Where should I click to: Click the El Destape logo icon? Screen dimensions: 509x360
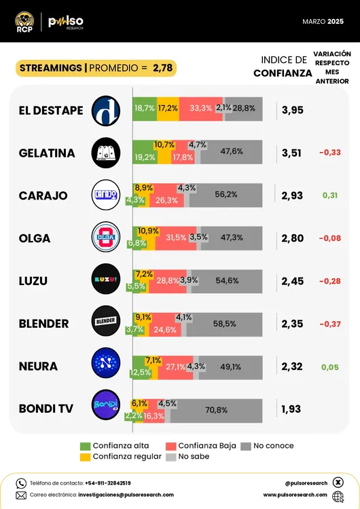(106, 111)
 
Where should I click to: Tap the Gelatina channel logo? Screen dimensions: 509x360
(106, 153)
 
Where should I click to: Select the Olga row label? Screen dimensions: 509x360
(35, 239)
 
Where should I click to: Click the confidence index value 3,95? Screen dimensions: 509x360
(292, 111)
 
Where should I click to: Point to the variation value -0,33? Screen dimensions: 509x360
(330, 153)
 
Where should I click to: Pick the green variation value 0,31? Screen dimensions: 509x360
(330, 195)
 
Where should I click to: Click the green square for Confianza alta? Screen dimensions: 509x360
(85, 445)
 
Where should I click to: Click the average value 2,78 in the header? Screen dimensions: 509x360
(163, 68)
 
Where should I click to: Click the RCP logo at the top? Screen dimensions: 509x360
(24, 22)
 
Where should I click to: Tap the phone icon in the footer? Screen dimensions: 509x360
(21, 483)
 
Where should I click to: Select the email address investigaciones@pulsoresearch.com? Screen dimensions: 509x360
(115, 495)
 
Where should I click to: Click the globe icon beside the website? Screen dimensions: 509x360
(338, 495)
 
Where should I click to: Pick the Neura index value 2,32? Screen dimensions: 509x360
(292, 366)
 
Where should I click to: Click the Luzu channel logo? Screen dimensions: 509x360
(106, 281)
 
